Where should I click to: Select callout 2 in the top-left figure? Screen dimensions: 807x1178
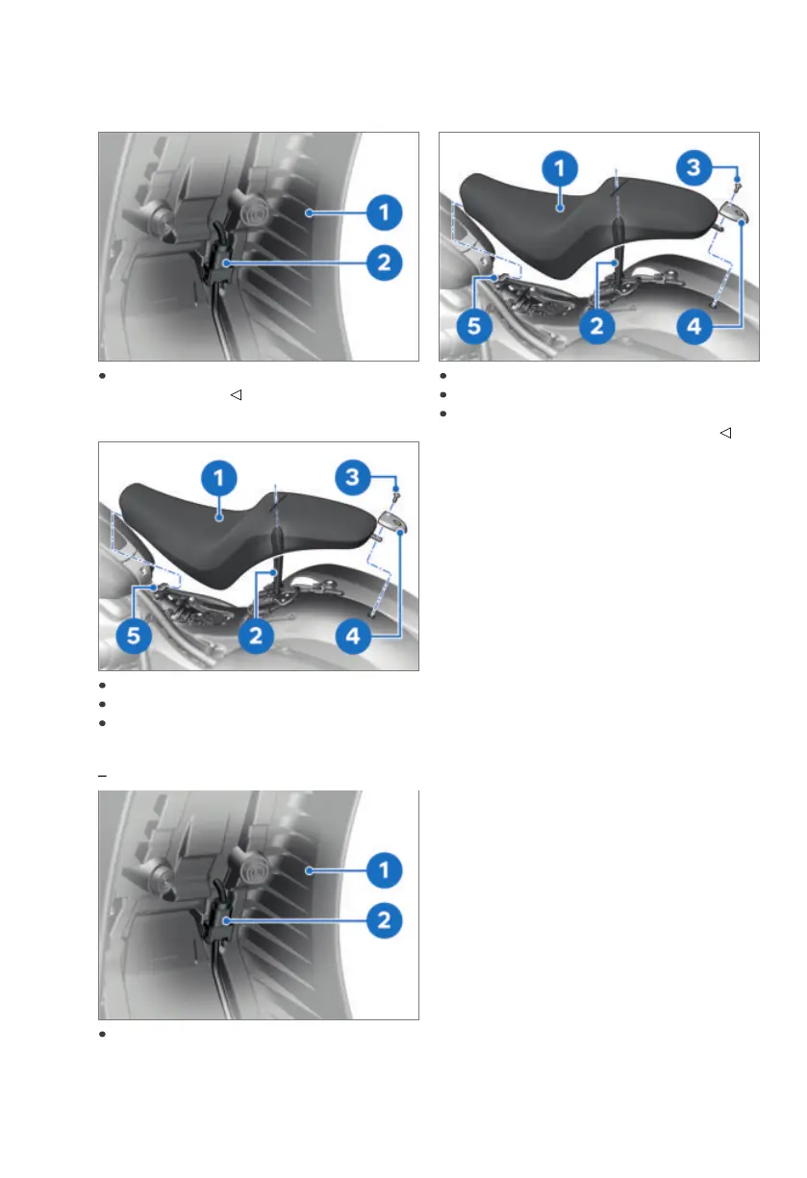[384, 263]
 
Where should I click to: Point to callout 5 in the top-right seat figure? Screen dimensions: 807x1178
[472, 328]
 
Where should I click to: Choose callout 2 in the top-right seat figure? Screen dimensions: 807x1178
[597, 328]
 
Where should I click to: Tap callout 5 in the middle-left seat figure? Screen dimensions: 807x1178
[133, 638]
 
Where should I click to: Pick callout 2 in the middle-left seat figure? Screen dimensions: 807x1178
[257, 638]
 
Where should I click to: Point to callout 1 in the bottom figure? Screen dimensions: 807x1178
[384, 870]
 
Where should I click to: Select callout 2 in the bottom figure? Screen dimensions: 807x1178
[384, 920]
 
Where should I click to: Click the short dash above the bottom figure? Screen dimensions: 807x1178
[101, 774]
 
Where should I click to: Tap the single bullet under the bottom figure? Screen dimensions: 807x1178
[101, 1035]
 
